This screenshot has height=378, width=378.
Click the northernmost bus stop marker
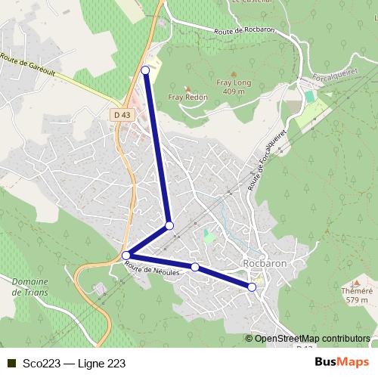pos(145,70)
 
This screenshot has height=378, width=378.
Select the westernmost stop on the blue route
pos(126,256)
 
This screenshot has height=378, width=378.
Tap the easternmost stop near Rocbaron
pos(252,287)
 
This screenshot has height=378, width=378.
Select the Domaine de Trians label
pos(30,287)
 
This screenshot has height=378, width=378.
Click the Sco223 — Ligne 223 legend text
pos(73,363)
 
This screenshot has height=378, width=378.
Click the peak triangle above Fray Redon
pos(188,88)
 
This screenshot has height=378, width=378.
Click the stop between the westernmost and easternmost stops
pos(195,267)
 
